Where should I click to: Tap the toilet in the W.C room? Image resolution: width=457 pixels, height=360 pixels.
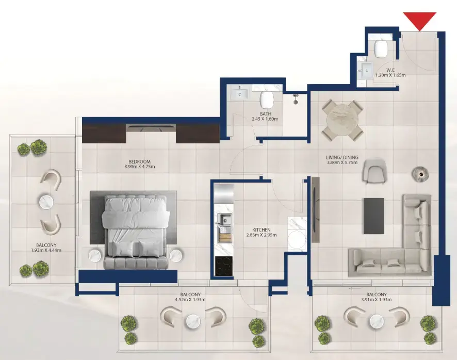[381, 49]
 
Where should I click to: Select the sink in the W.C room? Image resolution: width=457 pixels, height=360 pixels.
[367, 70]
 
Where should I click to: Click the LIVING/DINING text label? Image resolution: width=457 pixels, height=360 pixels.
[342, 158]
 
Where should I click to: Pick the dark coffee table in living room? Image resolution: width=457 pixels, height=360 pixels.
[374, 215]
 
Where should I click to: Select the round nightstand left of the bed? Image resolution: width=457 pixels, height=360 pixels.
[97, 255]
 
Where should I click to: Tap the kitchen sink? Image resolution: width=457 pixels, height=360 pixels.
[225, 223]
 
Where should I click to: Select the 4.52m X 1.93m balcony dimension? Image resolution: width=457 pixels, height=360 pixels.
[190, 299]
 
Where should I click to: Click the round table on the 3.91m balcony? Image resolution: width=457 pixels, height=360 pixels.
[377, 322]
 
